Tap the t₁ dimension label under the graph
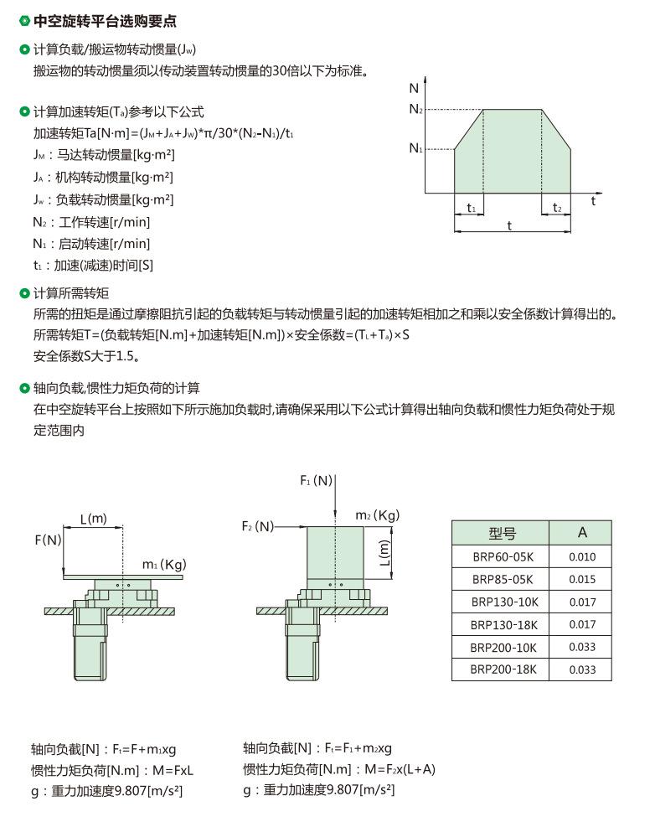click(471, 208)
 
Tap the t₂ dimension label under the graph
click(557, 208)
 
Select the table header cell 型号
click(501, 533)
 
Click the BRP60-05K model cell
click(501, 557)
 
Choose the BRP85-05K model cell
click(501, 579)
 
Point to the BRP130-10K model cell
click(501, 602)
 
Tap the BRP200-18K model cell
click(501, 669)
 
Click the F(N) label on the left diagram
click(48, 540)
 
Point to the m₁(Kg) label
click(163, 565)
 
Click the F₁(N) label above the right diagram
click(317, 480)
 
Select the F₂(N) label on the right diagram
click(258, 526)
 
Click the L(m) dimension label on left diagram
click(93, 519)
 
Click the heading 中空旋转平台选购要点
click(104, 21)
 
